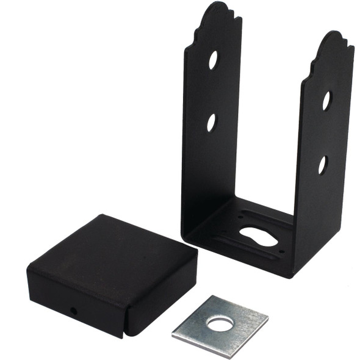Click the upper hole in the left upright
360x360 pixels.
click(213, 60)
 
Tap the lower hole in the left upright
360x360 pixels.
click(211, 122)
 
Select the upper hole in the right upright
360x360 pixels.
click(326, 101)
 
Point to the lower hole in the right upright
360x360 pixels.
click(322, 164)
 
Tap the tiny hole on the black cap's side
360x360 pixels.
click(74, 311)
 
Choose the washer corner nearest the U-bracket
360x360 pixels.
click(211, 297)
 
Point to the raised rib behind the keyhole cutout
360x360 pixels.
click(268, 219)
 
